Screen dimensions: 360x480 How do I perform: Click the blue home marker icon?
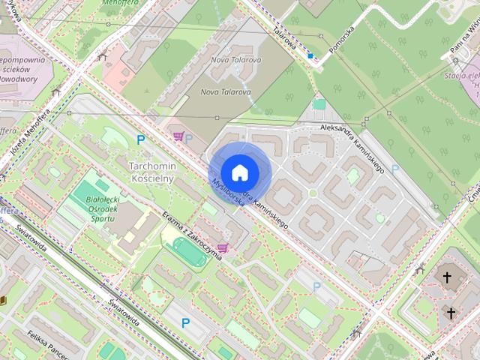(239, 172)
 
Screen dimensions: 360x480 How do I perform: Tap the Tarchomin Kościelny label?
(151, 172)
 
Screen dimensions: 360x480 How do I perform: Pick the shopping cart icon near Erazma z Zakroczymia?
(222, 247)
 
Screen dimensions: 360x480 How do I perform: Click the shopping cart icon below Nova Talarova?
(178, 136)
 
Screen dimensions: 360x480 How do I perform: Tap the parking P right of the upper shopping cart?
(189, 138)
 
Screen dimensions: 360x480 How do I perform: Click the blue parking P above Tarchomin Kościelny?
(140, 139)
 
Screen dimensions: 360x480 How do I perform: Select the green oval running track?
(194, 258)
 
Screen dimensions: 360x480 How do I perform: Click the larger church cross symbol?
(448, 278)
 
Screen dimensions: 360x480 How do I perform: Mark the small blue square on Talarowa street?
(310, 55)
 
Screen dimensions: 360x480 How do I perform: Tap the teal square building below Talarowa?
(319, 104)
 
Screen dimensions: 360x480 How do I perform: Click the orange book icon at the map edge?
(3, 301)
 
